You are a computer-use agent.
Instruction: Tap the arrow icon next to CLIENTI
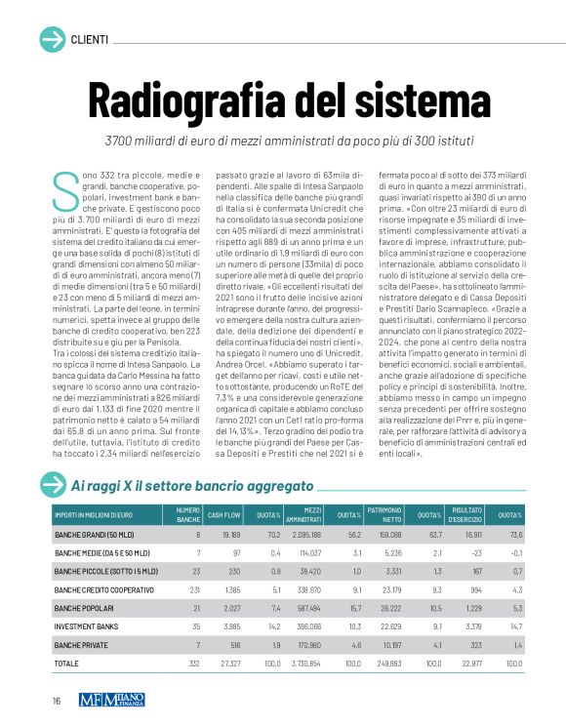pos(52,39)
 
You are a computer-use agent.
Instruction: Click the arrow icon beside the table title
pos(52,484)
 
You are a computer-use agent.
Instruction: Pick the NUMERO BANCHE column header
pos(188,514)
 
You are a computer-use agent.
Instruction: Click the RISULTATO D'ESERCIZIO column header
pos(465,514)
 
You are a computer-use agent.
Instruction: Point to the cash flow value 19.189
pos(230,535)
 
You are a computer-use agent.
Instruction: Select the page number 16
pos(58,701)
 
